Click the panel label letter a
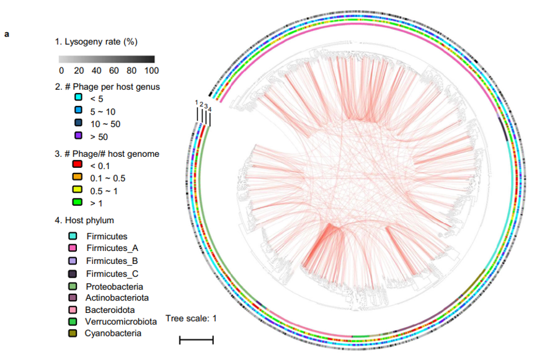[x=7, y=34]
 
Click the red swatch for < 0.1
[x=78, y=165]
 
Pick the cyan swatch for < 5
[x=78, y=99]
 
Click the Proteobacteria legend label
[x=115, y=286]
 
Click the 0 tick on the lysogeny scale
[x=61, y=70]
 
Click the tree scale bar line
[x=197, y=340]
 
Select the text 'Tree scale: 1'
[x=190, y=319]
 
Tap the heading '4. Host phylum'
[x=84, y=220]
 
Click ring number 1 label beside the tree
[x=197, y=102]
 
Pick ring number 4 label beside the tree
[x=210, y=110]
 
